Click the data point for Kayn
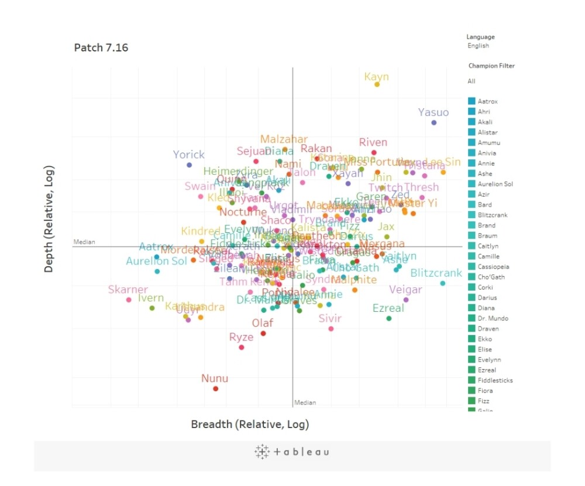377,84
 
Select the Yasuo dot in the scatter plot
433,122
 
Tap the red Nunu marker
215,388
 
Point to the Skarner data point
129,299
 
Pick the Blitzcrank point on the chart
442,283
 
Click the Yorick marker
189,165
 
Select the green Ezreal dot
388,318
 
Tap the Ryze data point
241,347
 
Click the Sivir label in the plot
330,319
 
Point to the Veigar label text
405,289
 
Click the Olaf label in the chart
263,323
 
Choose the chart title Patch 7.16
101,47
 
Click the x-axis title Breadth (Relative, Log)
250,424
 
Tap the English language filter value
478,46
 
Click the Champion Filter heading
491,66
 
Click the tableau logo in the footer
292,451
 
